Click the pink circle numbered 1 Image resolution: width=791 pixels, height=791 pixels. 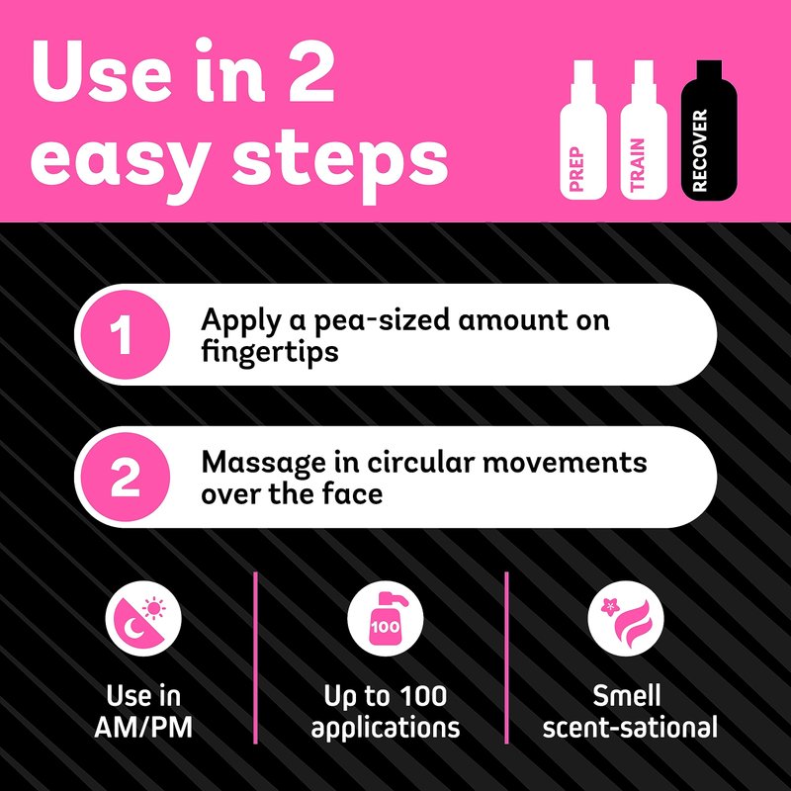click(x=126, y=334)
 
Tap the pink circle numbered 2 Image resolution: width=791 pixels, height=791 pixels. click(x=126, y=477)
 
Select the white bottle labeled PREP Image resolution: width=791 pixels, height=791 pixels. click(x=583, y=131)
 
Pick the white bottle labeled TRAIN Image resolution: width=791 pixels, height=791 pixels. click(x=644, y=131)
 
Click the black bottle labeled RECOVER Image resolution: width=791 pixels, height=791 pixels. click(x=709, y=131)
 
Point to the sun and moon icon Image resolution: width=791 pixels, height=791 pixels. click(x=143, y=619)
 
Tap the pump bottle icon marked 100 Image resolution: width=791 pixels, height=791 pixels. click(x=386, y=619)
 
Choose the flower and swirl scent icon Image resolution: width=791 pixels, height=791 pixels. click(x=626, y=619)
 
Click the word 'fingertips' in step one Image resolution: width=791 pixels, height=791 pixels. click(x=269, y=352)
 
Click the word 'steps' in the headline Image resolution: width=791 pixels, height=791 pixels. click(x=339, y=162)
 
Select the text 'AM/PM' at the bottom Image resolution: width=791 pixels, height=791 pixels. click(x=143, y=728)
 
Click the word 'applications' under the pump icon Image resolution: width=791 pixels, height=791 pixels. click(x=386, y=729)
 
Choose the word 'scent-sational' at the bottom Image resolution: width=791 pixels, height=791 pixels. click(x=630, y=728)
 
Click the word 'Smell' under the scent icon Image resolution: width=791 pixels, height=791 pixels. click(x=626, y=696)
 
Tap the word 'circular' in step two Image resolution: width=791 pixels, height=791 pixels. click(x=421, y=463)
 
